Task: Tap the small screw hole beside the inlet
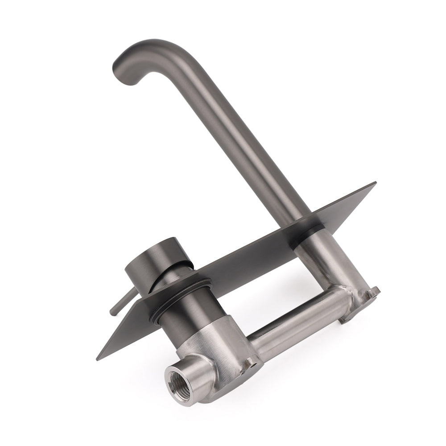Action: tap(253, 365)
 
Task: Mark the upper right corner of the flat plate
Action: tap(376, 183)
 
